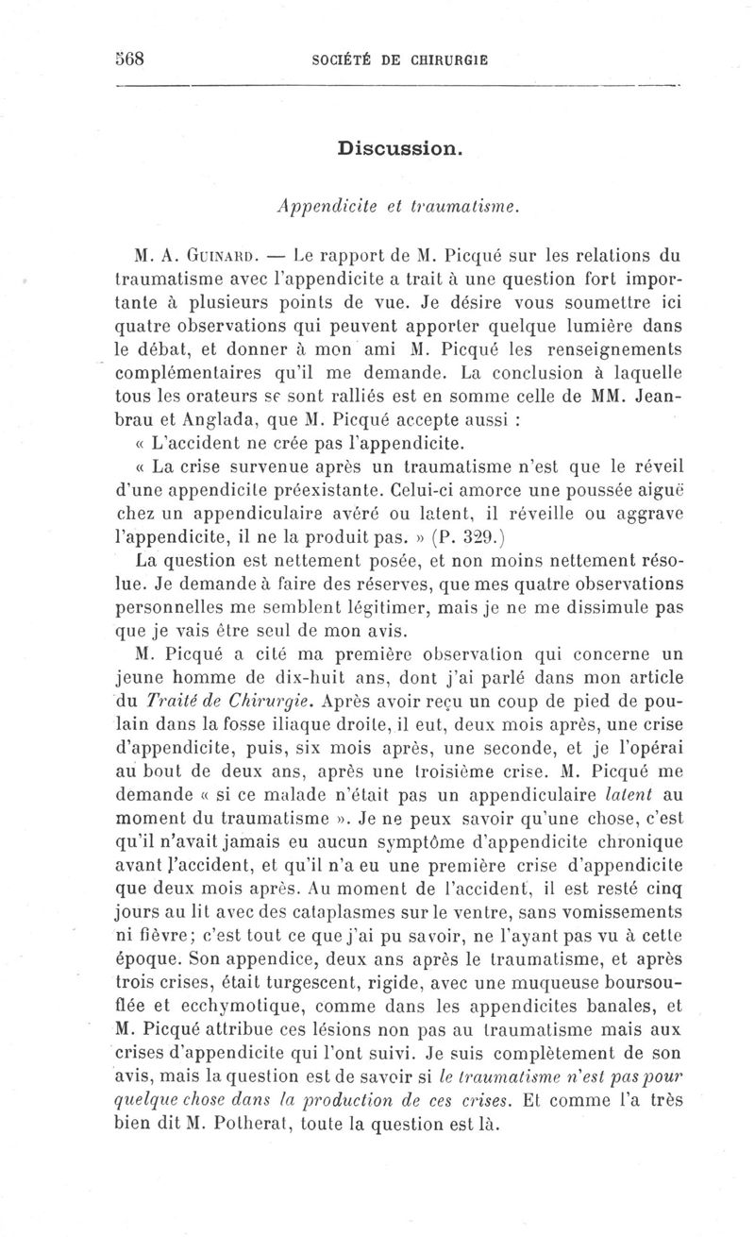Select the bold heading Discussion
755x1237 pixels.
398,148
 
